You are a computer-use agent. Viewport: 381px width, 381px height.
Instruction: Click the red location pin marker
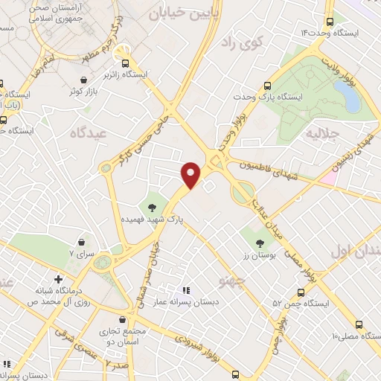tap(192, 175)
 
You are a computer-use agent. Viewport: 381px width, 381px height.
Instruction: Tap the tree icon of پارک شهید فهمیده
tap(153, 207)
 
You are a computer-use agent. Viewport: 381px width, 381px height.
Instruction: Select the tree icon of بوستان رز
tap(259, 243)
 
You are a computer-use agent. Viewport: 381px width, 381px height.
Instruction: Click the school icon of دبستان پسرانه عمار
tap(186, 289)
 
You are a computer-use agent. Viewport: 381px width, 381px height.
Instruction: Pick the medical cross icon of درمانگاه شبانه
tap(58, 278)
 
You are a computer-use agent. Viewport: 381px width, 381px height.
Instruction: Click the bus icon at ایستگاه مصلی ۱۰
tap(359, 325)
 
